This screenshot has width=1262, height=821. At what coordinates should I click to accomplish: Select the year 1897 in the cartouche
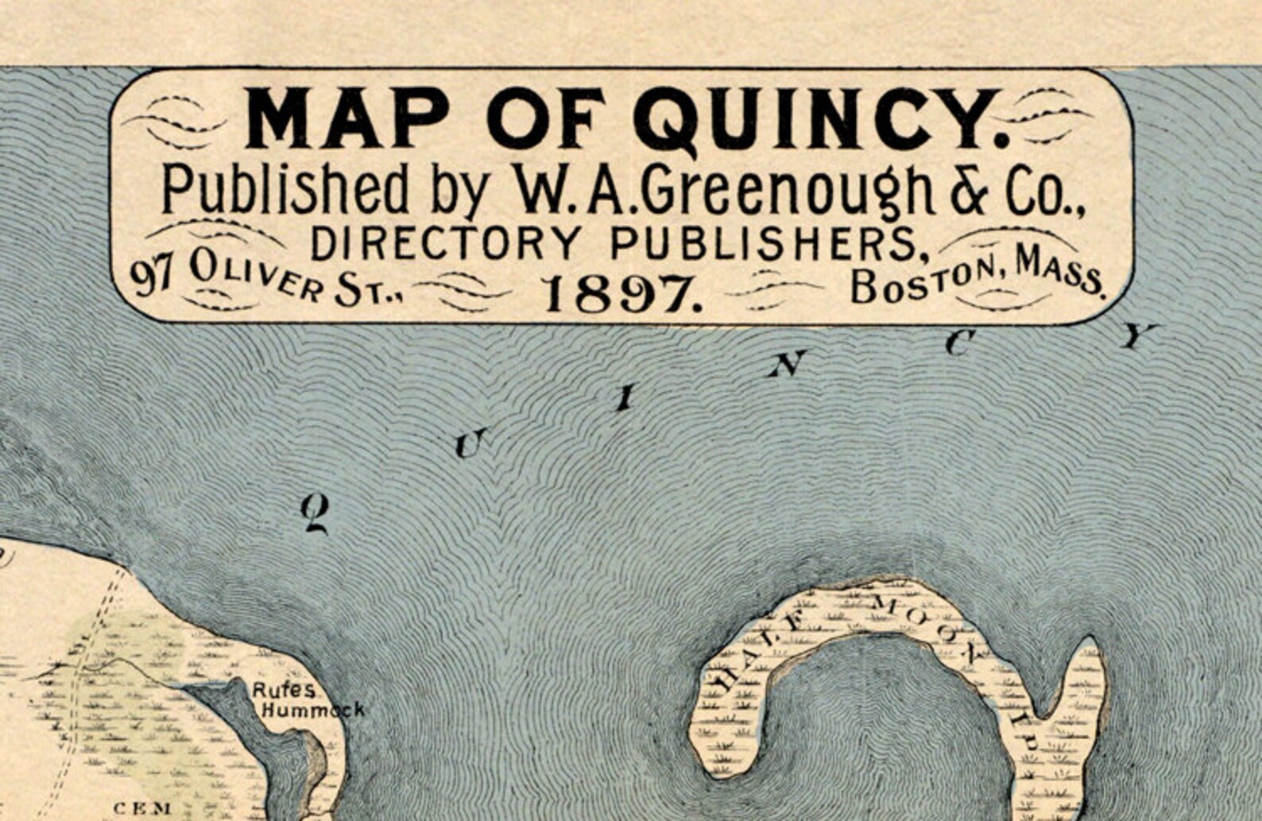pyautogui.click(x=622, y=295)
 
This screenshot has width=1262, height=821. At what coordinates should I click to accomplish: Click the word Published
pyautogui.click(x=285, y=191)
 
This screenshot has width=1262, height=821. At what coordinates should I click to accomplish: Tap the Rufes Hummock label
pyautogui.click(x=308, y=700)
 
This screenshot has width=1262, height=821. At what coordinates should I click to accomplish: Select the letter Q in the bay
pyautogui.click(x=315, y=513)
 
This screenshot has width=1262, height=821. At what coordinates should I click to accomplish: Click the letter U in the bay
pyautogui.click(x=469, y=443)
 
